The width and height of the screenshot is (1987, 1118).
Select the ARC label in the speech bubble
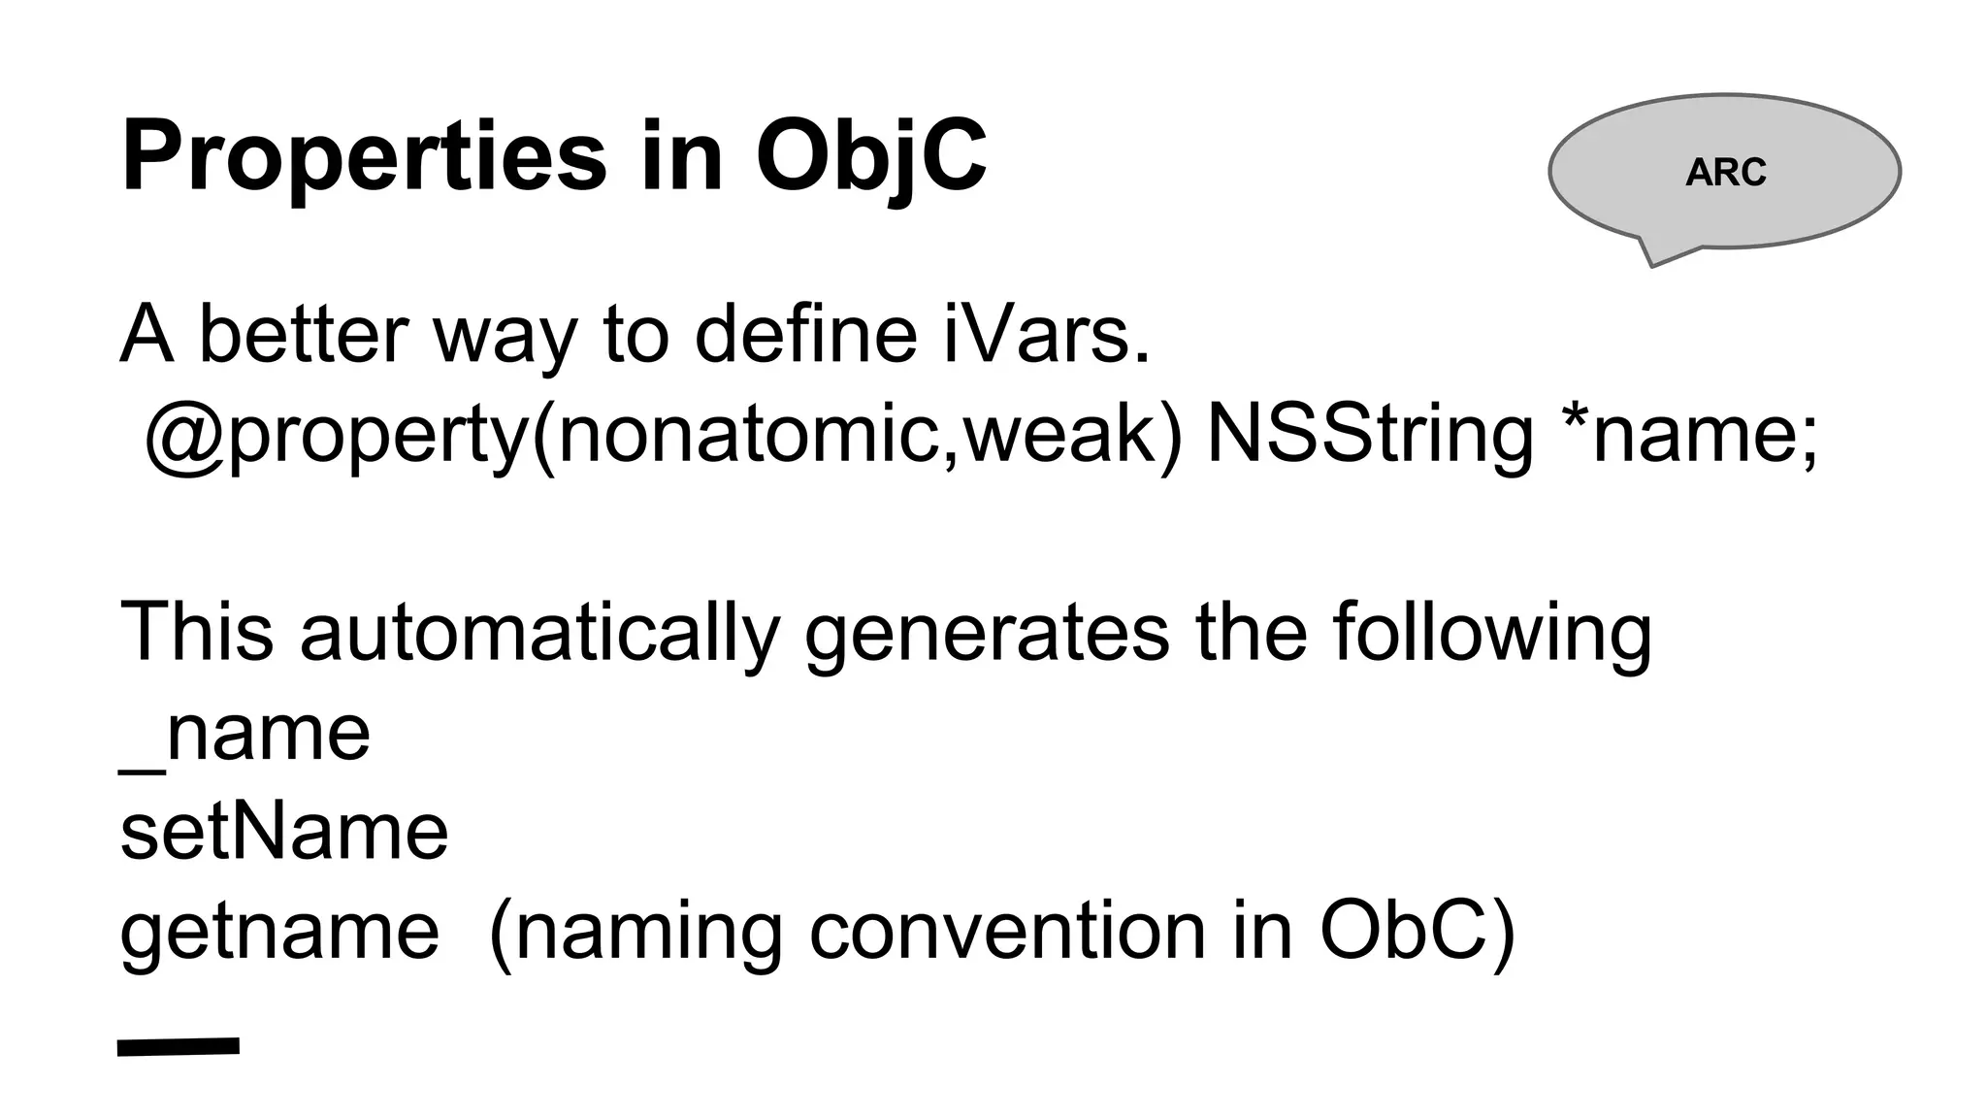(x=1725, y=173)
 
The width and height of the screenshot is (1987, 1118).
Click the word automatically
(x=539, y=633)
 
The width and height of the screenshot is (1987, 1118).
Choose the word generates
(x=987, y=633)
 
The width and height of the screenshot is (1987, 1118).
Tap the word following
(x=1492, y=633)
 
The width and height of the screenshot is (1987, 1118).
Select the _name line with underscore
(x=244, y=735)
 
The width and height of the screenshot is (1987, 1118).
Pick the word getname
(x=279, y=932)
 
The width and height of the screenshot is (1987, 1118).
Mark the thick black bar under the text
(x=179, y=1046)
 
